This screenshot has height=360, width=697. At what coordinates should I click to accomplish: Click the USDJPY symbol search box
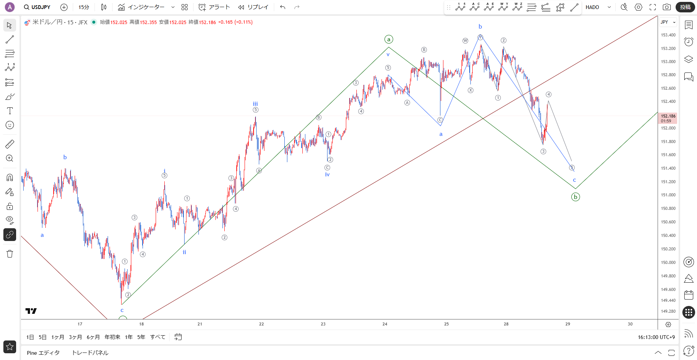[x=37, y=7]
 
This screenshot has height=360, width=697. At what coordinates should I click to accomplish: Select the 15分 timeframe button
[x=84, y=7]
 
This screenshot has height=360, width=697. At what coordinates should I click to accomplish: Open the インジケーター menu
[x=141, y=7]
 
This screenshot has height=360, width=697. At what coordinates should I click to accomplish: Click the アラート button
[x=214, y=7]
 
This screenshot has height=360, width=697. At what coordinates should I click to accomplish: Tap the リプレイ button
[x=254, y=7]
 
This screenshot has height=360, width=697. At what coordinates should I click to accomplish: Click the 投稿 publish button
[x=685, y=7]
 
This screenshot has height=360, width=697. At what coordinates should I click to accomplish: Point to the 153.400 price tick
[x=668, y=35]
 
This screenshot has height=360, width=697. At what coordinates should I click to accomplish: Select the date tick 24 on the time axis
[x=385, y=324]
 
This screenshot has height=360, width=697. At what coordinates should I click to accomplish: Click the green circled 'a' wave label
[x=389, y=39]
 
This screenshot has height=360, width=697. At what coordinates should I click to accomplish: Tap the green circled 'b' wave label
[x=575, y=197]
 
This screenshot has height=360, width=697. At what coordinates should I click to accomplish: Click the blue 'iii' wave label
[x=255, y=104]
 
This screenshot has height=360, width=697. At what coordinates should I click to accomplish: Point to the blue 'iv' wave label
[x=327, y=175]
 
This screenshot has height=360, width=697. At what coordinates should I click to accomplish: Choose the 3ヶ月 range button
[x=75, y=337]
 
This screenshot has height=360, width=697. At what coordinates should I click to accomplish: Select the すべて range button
[x=158, y=337]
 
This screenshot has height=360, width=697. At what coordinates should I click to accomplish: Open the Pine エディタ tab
[x=43, y=353]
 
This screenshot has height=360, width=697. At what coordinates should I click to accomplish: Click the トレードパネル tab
[x=90, y=353]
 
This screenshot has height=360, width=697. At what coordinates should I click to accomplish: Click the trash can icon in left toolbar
[x=10, y=254]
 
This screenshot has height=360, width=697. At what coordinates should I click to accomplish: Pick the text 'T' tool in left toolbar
[x=10, y=111]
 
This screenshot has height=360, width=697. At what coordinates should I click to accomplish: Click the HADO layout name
[x=592, y=7]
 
